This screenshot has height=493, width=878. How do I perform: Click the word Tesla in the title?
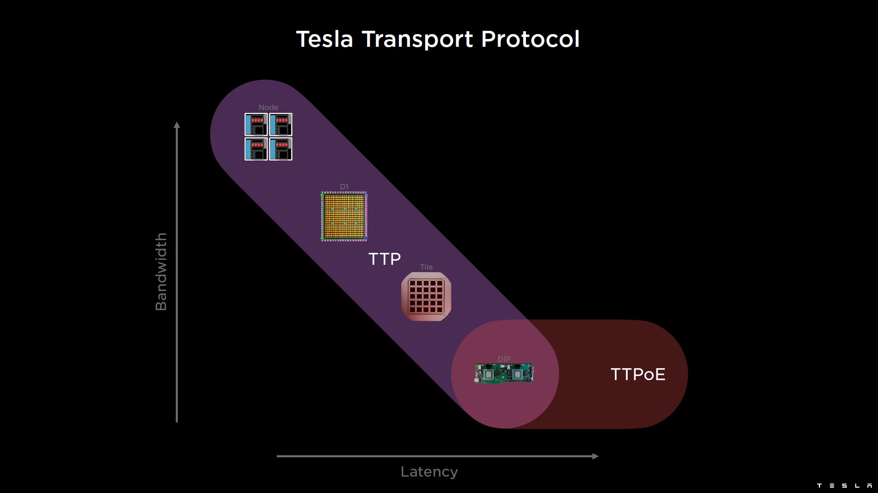pyautogui.click(x=324, y=39)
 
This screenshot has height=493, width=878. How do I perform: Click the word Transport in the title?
pyautogui.click(x=417, y=39)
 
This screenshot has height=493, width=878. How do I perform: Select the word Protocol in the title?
pyautogui.click(x=530, y=39)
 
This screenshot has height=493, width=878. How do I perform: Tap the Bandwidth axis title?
pyautogui.click(x=161, y=272)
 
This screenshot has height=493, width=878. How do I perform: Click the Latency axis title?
pyautogui.click(x=429, y=472)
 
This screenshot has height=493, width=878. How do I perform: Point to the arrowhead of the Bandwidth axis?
pyautogui.click(x=177, y=125)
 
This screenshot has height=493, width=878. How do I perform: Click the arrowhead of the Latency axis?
pyautogui.click(x=595, y=456)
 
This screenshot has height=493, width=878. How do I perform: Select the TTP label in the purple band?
pyautogui.click(x=384, y=259)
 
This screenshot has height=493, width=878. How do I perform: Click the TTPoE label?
pyautogui.click(x=638, y=374)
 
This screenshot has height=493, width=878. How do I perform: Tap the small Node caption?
pyautogui.click(x=268, y=108)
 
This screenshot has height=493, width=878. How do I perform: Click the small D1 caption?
pyautogui.click(x=344, y=187)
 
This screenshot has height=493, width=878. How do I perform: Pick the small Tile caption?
pyautogui.click(x=426, y=267)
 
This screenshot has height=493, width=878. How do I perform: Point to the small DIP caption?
pyautogui.click(x=504, y=359)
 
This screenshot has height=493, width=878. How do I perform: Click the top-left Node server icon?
pyautogui.click(x=256, y=124)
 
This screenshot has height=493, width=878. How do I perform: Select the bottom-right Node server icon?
pyautogui.click(x=281, y=149)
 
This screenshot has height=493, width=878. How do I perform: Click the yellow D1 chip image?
pyautogui.click(x=344, y=216)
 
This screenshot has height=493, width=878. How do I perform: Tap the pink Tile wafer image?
pyautogui.click(x=426, y=296)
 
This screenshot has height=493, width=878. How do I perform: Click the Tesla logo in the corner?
pyautogui.click(x=844, y=486)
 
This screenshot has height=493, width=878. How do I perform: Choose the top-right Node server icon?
pyautogui.click(x=281, y=124)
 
